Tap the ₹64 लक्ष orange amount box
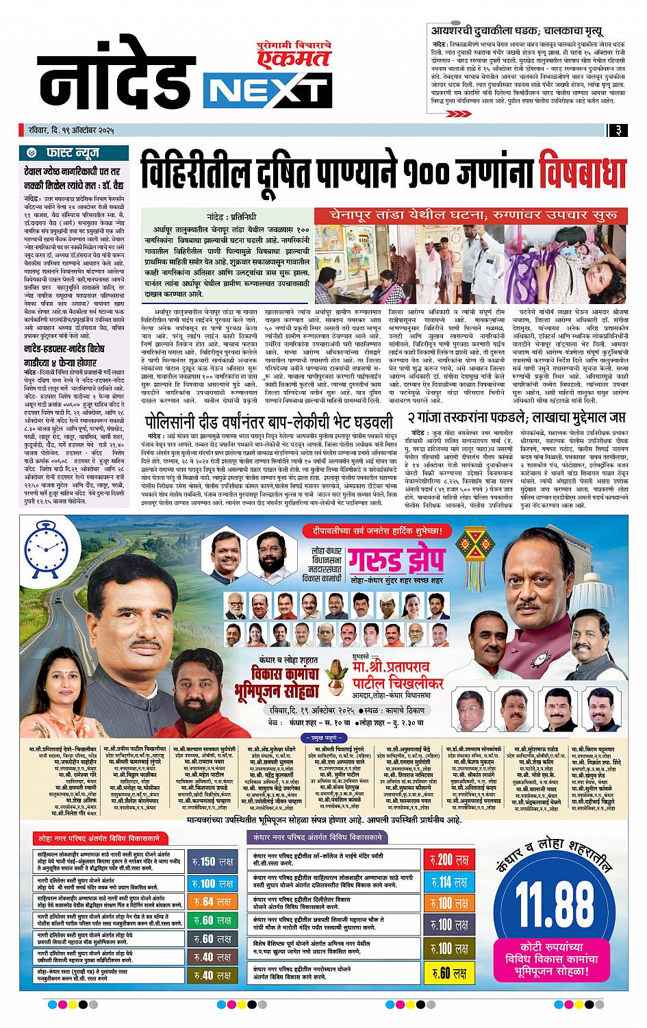click(212, 901)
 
